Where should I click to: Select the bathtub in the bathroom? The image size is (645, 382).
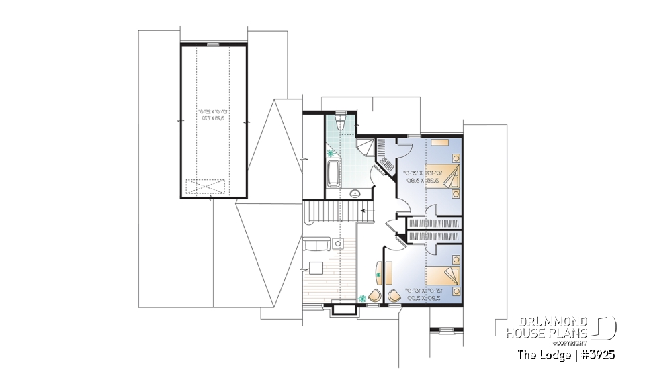(x=334, y=172)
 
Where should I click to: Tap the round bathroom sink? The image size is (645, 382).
(x=355, y=194)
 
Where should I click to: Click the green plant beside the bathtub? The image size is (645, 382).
(x=331, y=154)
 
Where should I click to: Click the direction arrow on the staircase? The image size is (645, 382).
(x=365, y=211)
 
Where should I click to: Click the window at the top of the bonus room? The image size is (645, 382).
(x=213, y=44)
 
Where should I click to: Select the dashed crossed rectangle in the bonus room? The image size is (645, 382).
(x=204, y=185)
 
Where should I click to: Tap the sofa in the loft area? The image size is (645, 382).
(x=316, y=244)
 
